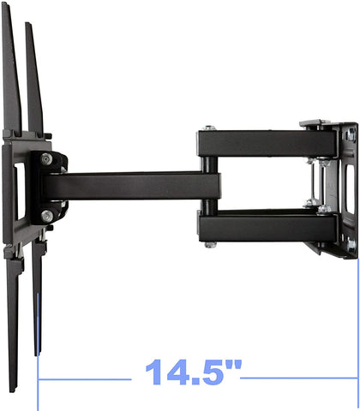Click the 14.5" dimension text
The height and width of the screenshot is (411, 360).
(192, 374)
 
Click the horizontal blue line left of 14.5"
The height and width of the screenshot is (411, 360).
(86, 375)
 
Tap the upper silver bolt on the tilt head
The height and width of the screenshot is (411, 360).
(46, 159)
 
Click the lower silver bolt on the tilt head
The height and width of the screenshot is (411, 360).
(46, 216)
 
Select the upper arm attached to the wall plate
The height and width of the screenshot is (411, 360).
(257, 142)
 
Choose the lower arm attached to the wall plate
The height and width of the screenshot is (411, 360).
(257, 226)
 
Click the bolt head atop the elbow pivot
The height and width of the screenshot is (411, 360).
(207, 128)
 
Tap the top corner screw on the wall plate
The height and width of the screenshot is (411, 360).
(351, 129)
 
